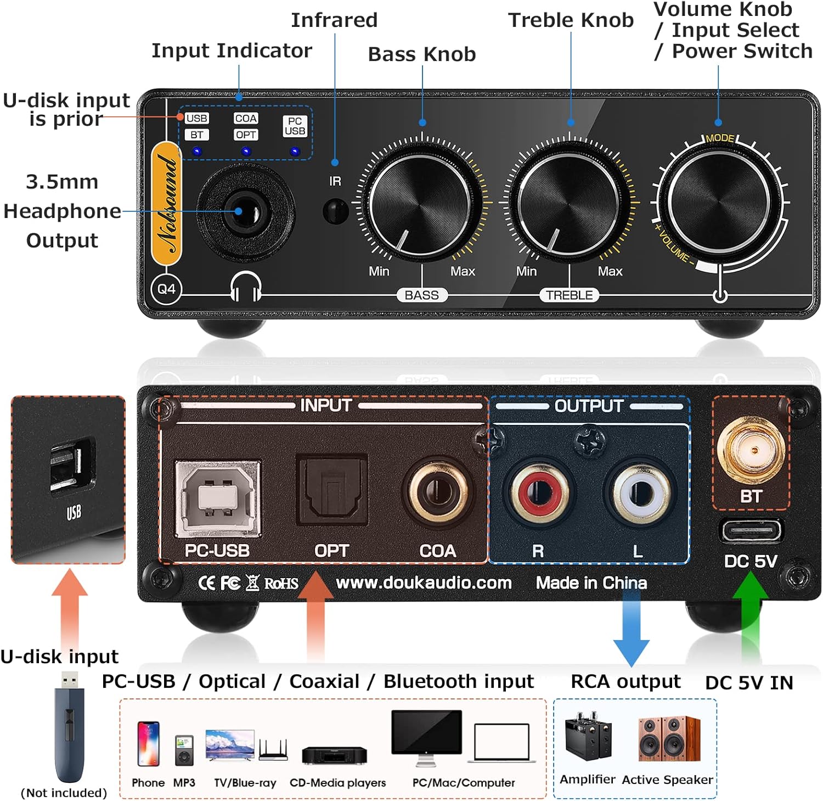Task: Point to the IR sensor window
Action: (335, 211)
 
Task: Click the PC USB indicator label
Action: (295, 126)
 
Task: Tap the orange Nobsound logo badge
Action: (167, 204)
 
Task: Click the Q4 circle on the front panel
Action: (166, 289)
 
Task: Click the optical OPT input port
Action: (332, 490)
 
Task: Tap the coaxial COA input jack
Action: (438, 490)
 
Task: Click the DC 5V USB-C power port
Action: (751, 531)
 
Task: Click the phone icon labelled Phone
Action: (148, 744)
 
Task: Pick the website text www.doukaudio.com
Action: (424, 582)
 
